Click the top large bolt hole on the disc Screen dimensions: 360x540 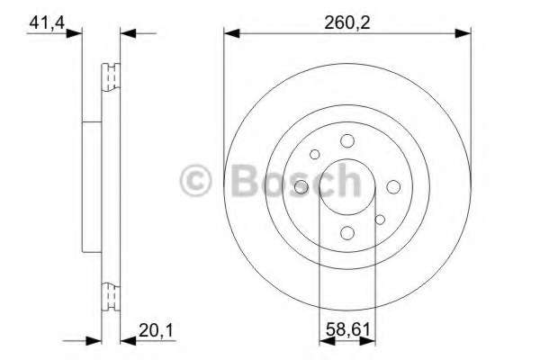347,140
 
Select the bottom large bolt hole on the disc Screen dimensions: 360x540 347,233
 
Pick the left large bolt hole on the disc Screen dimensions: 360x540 301,186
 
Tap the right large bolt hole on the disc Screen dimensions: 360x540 393,186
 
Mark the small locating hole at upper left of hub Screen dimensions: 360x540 315,155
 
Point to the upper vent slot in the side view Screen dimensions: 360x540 112,78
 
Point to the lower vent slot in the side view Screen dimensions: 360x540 112,295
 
